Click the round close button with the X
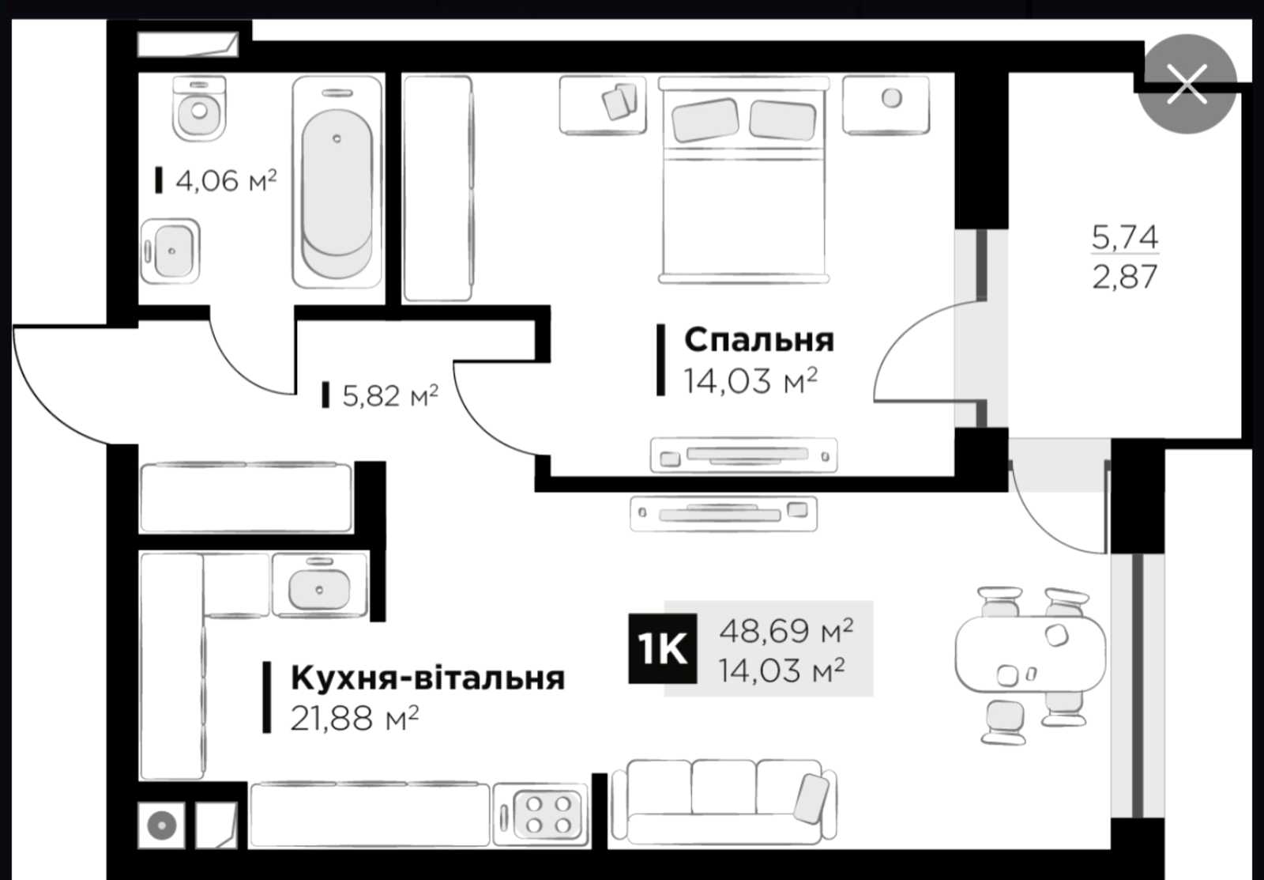coord(1187,84)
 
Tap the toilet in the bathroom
coord(199,108)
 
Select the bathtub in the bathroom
coord(337,182)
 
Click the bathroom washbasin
coord(171,251)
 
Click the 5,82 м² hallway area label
coord(390,395)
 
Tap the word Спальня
coord(759,341)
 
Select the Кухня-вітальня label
coord(427,678)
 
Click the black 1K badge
coord(663,648)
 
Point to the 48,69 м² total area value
coord(786,630)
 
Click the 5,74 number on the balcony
coord(1125,237)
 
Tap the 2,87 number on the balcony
coord(1125,277)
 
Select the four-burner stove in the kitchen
coord(540,814)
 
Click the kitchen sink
coord(319,584)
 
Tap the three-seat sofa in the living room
coord(724,802)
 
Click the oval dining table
coord(1030,654)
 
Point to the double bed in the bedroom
coord(743,179)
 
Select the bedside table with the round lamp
coord(886,106)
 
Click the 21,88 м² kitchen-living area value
coord(355,719)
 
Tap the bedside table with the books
coord(603,106)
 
